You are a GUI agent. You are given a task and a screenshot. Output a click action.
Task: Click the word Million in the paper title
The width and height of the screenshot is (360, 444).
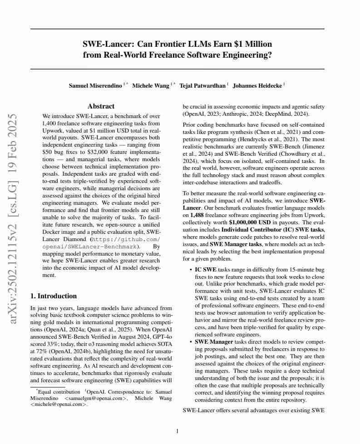click(258, 44)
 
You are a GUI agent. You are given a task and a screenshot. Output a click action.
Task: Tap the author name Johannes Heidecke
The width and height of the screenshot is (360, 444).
click(257, 85)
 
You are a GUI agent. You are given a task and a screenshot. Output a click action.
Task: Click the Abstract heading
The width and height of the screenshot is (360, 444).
click(101, 106)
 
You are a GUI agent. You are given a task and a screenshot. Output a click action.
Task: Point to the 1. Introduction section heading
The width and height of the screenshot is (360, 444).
click(54, 296)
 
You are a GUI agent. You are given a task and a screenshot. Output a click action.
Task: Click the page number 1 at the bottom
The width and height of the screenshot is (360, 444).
click(177, 431)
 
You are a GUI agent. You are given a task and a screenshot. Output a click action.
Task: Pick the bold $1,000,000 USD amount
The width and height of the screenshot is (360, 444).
click(251, 222)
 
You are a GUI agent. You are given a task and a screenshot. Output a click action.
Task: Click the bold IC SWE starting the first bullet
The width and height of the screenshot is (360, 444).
click(206, 270)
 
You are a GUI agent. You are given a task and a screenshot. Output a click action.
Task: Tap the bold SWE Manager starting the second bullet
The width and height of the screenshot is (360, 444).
click(214, 341)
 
